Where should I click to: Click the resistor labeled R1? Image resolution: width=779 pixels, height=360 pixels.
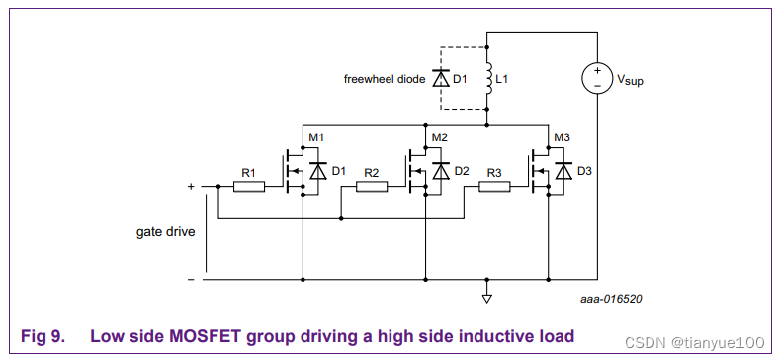248,186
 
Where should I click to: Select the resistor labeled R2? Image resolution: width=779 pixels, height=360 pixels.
371,186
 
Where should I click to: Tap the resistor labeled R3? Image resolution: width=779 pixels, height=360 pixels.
493,186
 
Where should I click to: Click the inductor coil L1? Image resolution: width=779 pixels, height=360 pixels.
487,78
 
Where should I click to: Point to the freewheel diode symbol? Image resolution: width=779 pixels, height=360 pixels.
440,78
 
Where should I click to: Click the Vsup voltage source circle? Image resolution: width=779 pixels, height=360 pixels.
597,78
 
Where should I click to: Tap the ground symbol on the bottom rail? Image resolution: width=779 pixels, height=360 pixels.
487,297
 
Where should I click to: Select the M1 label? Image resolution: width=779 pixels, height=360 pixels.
316,136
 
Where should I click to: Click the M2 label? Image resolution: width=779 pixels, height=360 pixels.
440,136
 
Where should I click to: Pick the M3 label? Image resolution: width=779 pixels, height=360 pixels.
563,136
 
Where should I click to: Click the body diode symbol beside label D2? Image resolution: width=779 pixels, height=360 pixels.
440,171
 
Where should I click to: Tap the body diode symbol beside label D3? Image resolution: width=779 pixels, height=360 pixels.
563,171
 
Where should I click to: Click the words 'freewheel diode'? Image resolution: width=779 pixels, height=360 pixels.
384,78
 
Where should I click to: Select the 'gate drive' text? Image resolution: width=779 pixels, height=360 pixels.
165,232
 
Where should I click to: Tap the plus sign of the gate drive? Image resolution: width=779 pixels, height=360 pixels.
191,186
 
